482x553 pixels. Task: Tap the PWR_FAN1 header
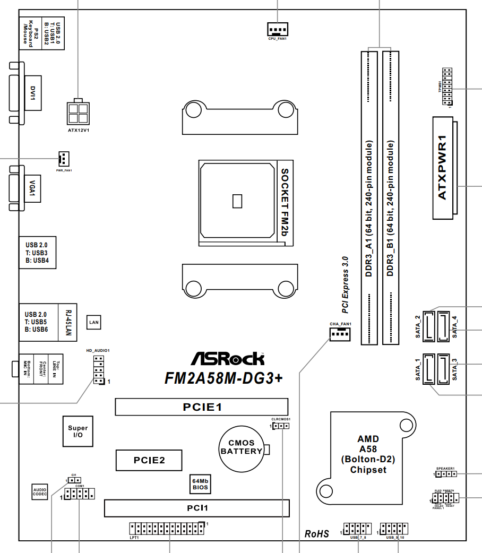coord(63,158)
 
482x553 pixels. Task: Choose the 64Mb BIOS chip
coord(200,483)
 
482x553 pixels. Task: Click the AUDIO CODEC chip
coord(40,491)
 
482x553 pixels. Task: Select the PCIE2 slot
coord(149,460)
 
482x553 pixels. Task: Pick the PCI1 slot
coord(197,508)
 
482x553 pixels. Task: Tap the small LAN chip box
coord(93,322)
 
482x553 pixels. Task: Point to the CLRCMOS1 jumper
coord(281,427)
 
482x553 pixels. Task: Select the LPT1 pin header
coord(167,528)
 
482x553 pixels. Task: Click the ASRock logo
coord(227,359)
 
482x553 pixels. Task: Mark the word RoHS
coord(317,533)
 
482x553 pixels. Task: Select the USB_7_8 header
coord(358,529)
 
